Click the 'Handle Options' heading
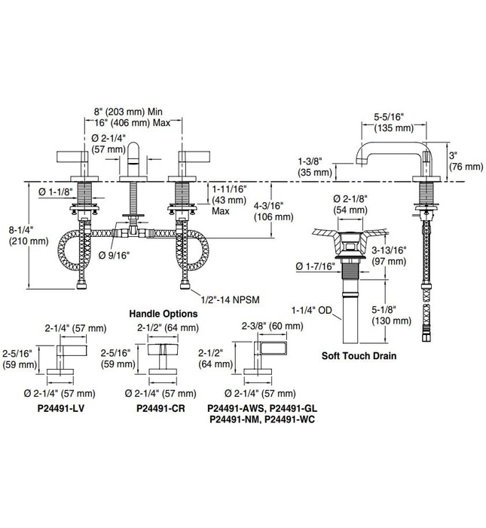163,313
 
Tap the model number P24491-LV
69,408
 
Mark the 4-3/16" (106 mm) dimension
273,210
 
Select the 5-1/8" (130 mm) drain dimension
390,314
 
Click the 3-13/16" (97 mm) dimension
388,254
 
